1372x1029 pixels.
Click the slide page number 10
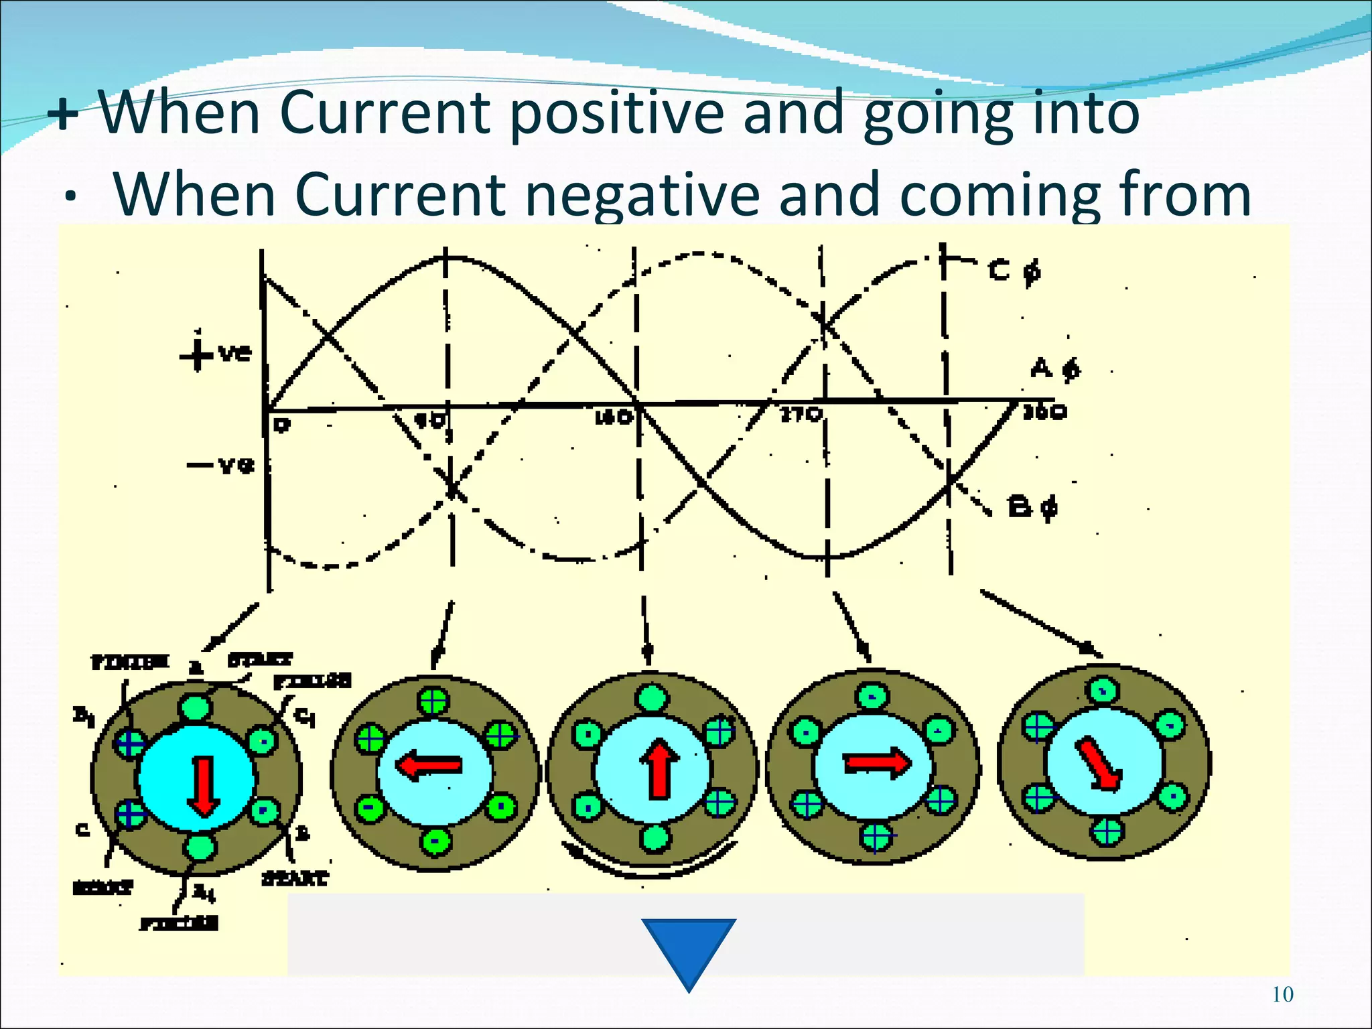(x=1282, y=994)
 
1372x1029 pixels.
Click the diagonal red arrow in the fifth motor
(x=1100, y=764)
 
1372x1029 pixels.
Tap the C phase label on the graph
(x=1014, y=271)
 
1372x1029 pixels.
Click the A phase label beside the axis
(x=1055, y=368)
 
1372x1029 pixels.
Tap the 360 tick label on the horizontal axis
(x=1044, y=412)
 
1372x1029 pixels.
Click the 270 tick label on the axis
(x=801, y=414)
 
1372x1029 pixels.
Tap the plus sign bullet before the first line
(x=64, y=115)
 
